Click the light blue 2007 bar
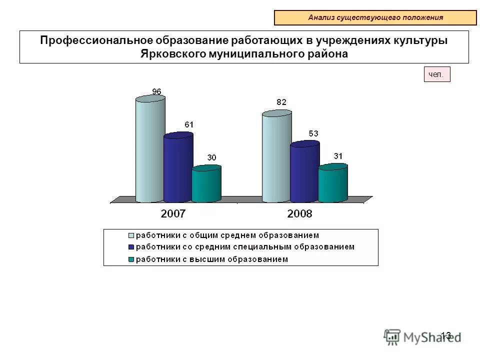coord(150,150)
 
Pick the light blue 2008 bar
coord(276,157)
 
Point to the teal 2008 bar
coord(333,183)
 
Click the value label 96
coord(156,91)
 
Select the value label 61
coord(189,124)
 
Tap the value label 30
coord(212,157)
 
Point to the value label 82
coord(281,102)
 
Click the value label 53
coord(313,133)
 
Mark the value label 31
coord(338,156)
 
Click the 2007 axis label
coord(173,214)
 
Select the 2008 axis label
coord(299,214)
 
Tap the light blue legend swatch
coord(131,235)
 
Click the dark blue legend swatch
coord(131,247)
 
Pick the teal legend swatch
coord(131,259)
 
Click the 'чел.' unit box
coord(437,75)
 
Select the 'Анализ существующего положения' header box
coord(375,17)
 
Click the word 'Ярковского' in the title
coord(170,54)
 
